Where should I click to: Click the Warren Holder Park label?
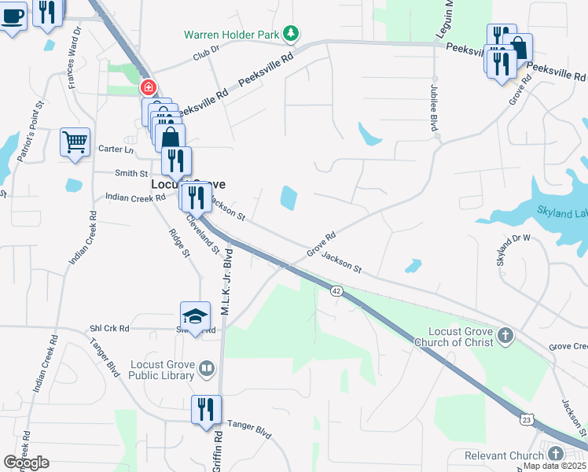click(x=232, y=35)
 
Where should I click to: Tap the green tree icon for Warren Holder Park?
click(x=292, y=33)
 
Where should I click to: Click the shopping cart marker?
click(x=75, y=142)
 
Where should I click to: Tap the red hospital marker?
click(x=147, y=87)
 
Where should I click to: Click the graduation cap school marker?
click(x=195, y=316)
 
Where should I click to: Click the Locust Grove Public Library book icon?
click(x=206, y=367)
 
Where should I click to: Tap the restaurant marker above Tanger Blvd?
click(x=206, y=410)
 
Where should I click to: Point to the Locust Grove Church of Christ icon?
click(x=505, y=336)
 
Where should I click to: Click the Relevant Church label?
click(x=504, y=455)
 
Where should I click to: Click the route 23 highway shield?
click(x=525, y=421)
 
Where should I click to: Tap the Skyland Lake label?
click(x=563, y=212)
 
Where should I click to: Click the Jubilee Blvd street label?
click(x=433, y=111)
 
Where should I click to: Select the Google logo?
click(x=26, y=463)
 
